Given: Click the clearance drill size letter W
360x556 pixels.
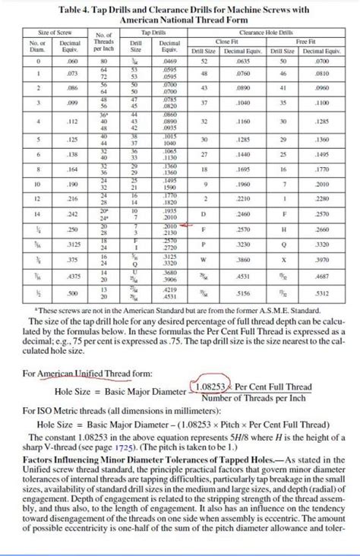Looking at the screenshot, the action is (203, 260).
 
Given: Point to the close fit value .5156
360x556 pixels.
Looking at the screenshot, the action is (242, 293).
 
